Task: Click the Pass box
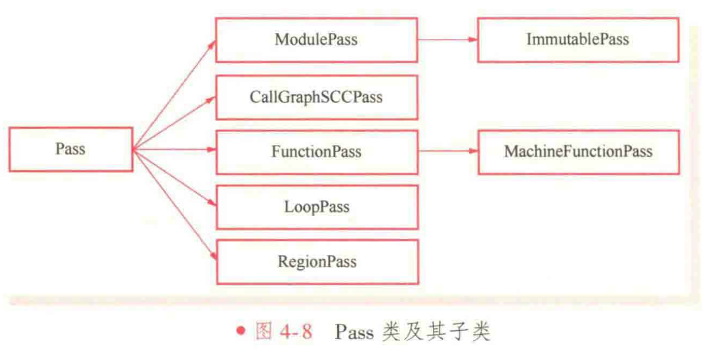71,149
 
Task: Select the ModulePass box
316,40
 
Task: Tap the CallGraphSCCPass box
316,97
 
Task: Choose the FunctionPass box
316,152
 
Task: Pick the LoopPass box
316,207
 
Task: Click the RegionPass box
316,262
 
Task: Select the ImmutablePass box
578,40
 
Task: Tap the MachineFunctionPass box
578,152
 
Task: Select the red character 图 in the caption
264,332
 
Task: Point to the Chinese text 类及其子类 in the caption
435,332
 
